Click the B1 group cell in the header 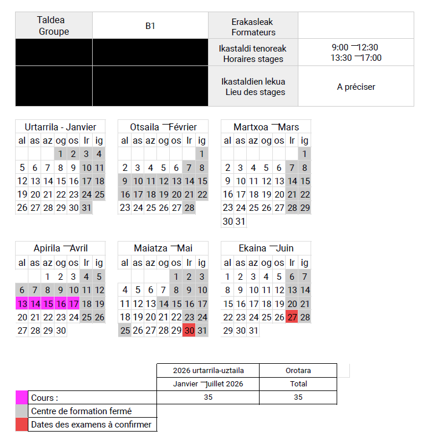(x=150, y=26)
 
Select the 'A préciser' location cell (x=356, y=87)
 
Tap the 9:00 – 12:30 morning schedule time (x=356, y=47)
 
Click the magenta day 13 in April (x=22, y=302)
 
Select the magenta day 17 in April (x=74, y=302)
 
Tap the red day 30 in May (x=189, y=330)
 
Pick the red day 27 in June (x=292, y=317)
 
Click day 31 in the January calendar (x=86, y=208)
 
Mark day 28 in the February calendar (x=189, y=208)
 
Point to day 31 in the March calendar (x=240, y=221)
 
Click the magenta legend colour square (x=21, y=397)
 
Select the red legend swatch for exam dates (x=21, y=425)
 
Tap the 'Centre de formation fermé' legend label (x=81, y=411)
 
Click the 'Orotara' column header (x=298, y=370)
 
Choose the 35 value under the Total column (x=298, y=397)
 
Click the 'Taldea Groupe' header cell (x=54, y=26)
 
